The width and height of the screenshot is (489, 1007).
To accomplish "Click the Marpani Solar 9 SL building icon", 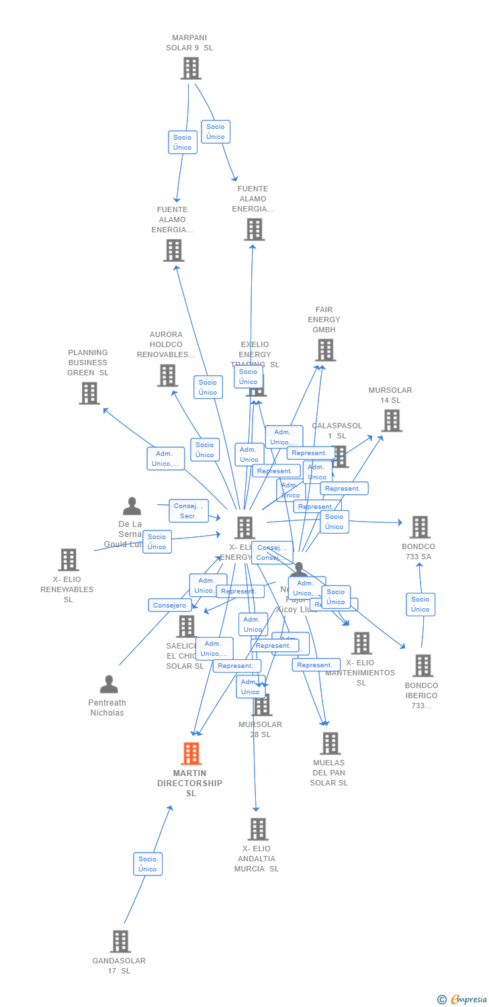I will (191, 68).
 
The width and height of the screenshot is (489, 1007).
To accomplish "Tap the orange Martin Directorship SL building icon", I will (191, 753).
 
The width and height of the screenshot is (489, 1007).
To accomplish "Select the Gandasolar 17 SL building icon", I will (120, 941).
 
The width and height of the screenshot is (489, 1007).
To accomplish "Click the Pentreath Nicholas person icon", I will (109, 684).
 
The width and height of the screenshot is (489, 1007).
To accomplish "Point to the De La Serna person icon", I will (132, 506).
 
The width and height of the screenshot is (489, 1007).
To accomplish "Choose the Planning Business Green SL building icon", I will (89, 393).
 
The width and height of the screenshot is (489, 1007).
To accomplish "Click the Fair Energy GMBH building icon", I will (325, 350).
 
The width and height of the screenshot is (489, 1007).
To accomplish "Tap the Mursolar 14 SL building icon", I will (392, 420).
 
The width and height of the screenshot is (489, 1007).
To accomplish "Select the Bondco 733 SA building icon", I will (420, 527).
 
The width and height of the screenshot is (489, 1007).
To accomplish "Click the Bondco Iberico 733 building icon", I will (423, 665).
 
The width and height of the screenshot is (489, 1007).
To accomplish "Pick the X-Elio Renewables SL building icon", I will (69, 559).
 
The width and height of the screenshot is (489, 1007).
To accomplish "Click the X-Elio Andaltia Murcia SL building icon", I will (258, 829).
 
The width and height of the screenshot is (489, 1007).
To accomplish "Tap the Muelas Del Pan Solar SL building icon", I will (330, 743).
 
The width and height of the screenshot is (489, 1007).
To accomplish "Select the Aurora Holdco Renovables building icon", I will (167, 375).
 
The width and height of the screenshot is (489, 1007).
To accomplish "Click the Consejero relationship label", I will (169, 605).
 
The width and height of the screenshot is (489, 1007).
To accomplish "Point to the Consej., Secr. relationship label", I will (188, 511).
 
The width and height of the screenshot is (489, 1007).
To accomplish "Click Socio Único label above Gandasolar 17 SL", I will (148, 864).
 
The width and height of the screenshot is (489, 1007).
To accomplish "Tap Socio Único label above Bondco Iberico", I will (420, 604).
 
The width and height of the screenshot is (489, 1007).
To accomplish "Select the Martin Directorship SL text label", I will (190, 783).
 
